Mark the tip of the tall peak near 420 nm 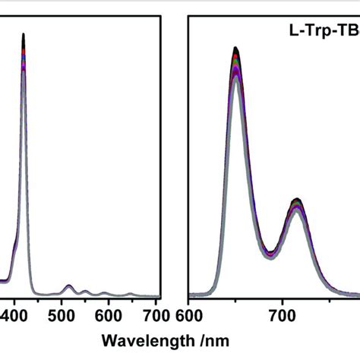[24, 34]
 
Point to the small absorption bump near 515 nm [68, 286]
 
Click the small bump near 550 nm [85, 291]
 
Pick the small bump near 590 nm [104, 292]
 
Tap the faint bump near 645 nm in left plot [130, 294]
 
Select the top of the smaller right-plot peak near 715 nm [297, 201]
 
